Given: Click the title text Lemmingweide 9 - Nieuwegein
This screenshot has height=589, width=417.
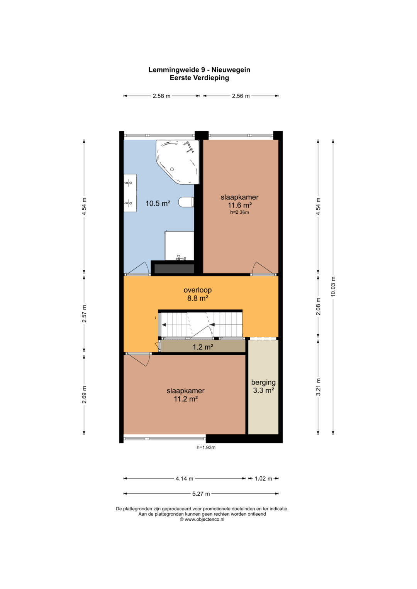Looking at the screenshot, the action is point(199,70).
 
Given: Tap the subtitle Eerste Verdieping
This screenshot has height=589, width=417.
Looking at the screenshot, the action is point(199,78).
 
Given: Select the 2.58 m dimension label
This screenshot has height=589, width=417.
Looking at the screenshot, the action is point(161,96).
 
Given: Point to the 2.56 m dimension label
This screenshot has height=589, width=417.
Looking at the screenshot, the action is point(241,96).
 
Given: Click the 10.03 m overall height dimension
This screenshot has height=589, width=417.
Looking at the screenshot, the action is point(333,286).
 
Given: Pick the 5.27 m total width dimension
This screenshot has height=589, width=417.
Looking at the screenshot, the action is point(201,494).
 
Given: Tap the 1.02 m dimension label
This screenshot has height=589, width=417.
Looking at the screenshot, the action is point(263,479).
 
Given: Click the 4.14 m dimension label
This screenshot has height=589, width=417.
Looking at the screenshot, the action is point(184,479).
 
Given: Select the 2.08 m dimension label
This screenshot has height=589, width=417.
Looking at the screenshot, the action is point(318,306).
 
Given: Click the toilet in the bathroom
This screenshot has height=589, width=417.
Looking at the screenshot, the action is point(186,202).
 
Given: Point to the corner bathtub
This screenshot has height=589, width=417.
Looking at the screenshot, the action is point(178,162).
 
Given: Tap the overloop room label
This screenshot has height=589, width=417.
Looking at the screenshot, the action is point(197,290).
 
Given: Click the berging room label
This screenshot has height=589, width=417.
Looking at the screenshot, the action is point(263,382).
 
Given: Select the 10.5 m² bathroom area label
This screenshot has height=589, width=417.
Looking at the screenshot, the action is point(158,203).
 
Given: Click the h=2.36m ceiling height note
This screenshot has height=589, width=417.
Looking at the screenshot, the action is point(239,212).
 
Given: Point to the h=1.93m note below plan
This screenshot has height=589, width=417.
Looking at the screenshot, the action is point(206,447).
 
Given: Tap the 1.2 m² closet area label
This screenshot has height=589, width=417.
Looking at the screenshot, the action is point(203,347).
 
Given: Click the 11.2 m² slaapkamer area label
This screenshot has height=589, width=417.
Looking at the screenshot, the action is point(186,399).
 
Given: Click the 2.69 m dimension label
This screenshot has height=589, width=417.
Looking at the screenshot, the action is point(84,395).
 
